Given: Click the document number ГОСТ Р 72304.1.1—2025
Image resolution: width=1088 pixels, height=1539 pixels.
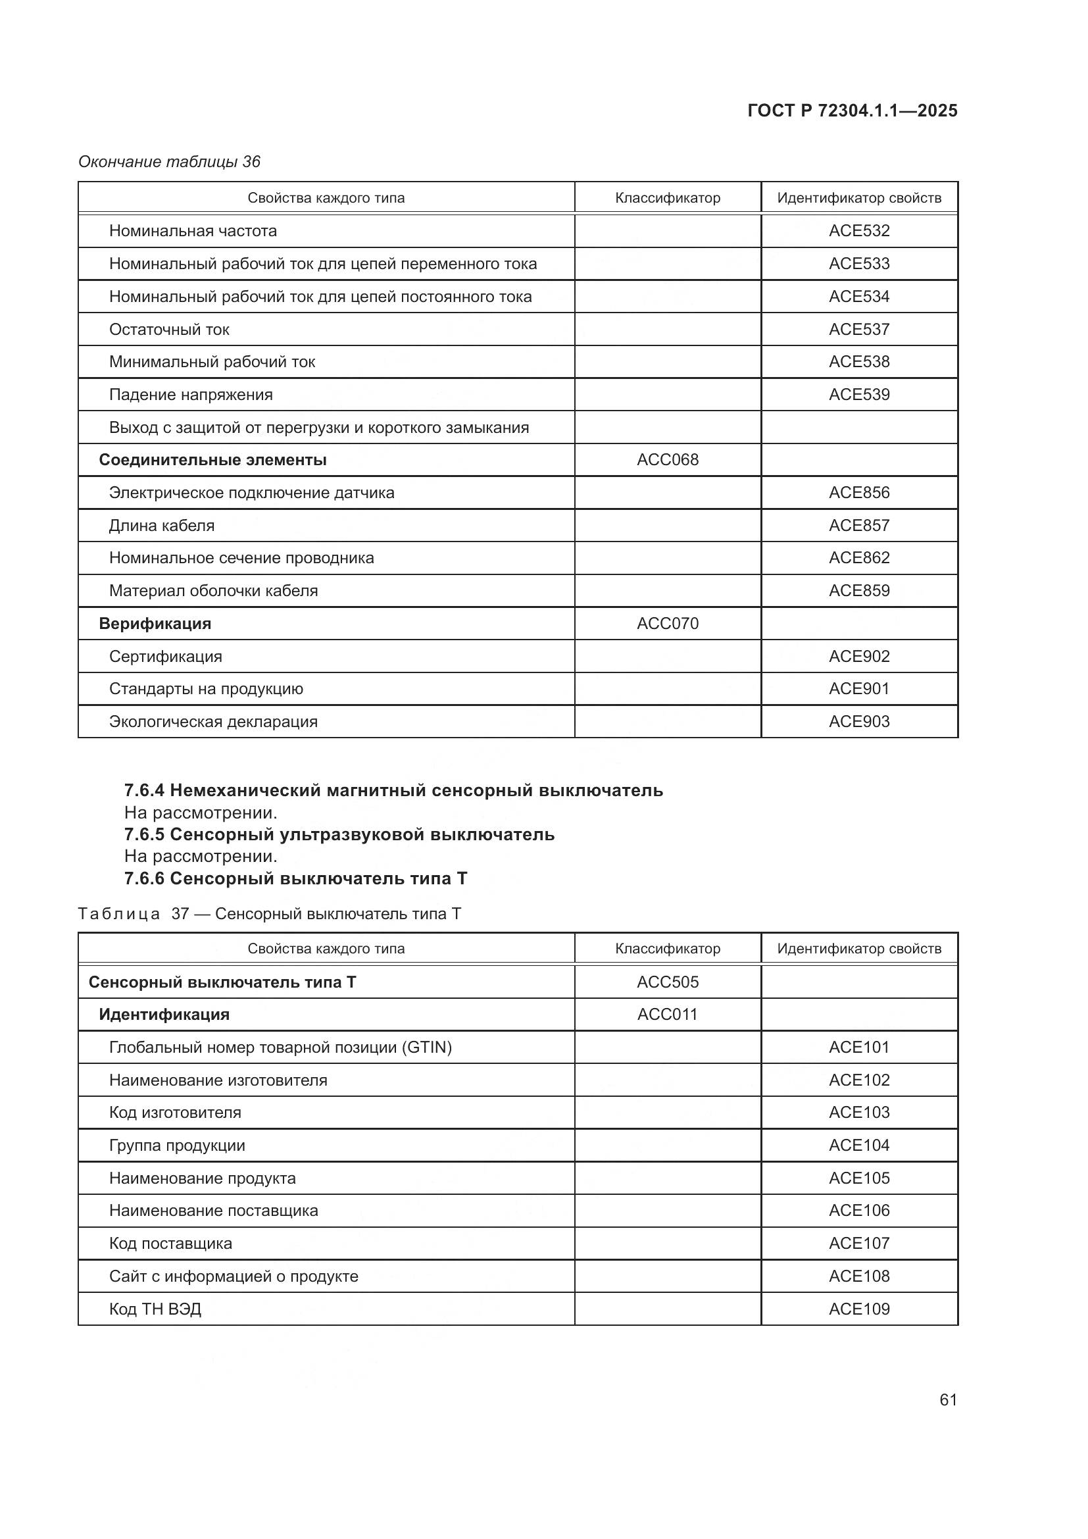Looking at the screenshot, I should click(852, 111).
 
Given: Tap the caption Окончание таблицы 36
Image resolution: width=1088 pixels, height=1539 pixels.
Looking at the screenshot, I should click(169, 162).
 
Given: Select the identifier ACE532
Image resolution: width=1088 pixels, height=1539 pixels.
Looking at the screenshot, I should click(859, 230).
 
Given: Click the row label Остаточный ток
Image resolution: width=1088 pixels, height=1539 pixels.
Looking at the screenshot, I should click(169, 329).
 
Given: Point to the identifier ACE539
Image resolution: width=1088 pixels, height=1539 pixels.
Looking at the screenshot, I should click(859, 394).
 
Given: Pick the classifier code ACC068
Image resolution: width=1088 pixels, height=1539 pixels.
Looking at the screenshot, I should click(667, 460).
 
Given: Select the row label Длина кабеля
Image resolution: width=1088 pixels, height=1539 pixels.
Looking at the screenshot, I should click(161, 526).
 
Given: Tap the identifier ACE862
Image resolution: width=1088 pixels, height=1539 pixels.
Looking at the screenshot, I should click(859, 558).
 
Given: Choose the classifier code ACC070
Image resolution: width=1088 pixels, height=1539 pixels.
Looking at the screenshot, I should click(667, 623).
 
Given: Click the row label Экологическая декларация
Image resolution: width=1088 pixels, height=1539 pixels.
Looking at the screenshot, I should click(213, 722).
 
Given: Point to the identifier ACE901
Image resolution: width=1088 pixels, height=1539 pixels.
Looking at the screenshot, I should click(859, 688).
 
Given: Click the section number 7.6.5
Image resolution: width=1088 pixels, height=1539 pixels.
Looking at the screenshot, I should click(144, 834).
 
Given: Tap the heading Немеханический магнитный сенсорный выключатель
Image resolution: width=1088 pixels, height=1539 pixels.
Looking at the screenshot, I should click(416, 790).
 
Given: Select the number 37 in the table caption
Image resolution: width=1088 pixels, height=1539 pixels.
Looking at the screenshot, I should click(180, 914).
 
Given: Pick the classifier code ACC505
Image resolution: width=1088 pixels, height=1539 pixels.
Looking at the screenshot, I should click(667, 982).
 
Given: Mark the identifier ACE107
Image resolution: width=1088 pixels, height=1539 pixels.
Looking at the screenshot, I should click(859, 1244).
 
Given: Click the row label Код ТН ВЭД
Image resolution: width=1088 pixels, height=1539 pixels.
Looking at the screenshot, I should click(155, 1309).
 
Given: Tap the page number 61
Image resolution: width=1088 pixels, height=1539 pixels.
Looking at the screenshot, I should click(948, 1400).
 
